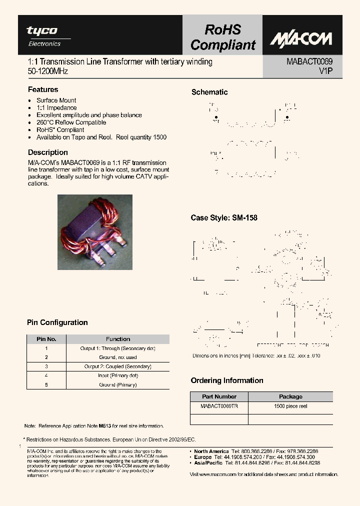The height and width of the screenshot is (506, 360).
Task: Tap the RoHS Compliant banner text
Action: pyautogui.click(x=222, y=38)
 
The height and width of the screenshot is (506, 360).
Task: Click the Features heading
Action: pyautogui.click(x=43, y=89)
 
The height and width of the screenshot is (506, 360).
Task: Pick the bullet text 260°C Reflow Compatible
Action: pyautogui.click(x=71, y=122)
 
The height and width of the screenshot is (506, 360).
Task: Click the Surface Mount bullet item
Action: pyautogui.click(x=56, y=100)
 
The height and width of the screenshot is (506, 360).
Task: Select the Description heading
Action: pyautogui.click(x=47, y=152)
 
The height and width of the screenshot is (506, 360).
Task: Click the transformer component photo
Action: pyautogui.click(x=94, y=232)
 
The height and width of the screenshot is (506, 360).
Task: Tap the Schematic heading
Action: pyautogui.click(x=209, y=92)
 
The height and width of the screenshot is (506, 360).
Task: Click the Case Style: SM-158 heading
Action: pyautogui.click(x=224, y=218)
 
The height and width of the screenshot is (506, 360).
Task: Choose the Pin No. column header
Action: pyautogui.click(x=46, y=339)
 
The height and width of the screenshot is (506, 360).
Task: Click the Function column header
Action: pyautogui.click(x=118, y=339)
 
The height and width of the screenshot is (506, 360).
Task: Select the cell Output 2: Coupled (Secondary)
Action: pyautogui.click(x=118, y=366)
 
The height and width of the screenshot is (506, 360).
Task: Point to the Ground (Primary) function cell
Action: pyautogui.click(x=118, y=385)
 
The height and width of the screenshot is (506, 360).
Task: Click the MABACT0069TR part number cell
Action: pyautogui.click(x=219, y=406)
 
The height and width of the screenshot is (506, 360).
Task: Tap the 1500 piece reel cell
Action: pyautogui.click(x=290, y=406)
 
